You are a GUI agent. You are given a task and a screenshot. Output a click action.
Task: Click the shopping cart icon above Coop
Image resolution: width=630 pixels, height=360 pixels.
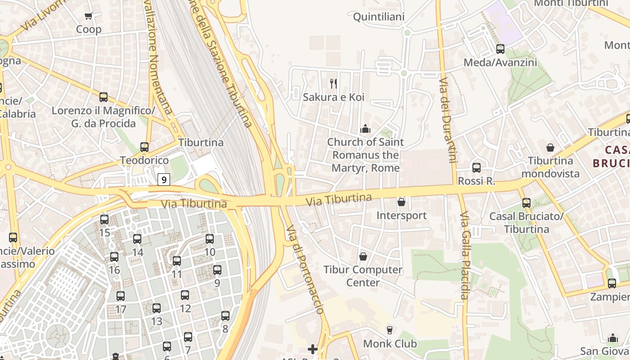click(88, 16)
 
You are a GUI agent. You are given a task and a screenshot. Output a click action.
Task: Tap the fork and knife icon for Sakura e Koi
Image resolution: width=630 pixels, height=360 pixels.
click(333, 83)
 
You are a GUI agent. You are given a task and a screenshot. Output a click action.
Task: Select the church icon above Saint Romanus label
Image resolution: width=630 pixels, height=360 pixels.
click(365, 129)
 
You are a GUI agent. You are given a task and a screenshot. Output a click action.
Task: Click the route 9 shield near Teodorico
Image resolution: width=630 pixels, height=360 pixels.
click(164, 180)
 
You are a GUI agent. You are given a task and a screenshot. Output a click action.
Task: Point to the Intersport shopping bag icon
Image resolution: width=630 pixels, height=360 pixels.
click(401, 202)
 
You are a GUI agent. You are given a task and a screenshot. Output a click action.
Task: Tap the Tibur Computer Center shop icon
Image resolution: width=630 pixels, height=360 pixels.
click(363, 256)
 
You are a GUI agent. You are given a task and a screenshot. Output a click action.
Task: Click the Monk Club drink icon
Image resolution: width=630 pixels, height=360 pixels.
click(390, 330)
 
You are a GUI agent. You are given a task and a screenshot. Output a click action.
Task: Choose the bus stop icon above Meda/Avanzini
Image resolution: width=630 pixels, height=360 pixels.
click(500, 49)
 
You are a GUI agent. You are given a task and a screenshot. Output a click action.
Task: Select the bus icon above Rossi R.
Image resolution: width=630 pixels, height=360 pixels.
click(477, 168)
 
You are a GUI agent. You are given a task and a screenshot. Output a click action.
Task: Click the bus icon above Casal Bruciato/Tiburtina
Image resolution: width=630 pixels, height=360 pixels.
click(526, 203)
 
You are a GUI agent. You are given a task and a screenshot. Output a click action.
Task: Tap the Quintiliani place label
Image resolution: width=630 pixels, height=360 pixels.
click(379, 17)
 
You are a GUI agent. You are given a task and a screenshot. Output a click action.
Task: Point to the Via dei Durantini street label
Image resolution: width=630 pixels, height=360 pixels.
click(448, 120)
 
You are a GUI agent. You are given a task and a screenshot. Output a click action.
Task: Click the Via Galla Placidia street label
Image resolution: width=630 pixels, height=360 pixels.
click(465, 255)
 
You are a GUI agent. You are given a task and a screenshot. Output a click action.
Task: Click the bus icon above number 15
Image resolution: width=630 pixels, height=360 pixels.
click(104, 220)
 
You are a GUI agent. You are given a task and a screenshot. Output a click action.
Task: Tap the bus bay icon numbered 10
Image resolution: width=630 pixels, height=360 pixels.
click(210, 239)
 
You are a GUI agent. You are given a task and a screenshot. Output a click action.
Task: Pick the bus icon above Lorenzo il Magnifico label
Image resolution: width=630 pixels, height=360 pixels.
click(103, 97)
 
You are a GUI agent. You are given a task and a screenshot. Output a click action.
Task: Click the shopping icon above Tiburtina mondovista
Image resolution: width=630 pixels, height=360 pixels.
click(550, 147)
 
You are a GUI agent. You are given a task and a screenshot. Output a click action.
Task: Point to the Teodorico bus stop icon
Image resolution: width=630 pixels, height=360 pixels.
click(144, 147)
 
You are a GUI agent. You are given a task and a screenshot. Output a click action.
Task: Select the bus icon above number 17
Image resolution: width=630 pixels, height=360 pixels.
click(121, 296)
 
